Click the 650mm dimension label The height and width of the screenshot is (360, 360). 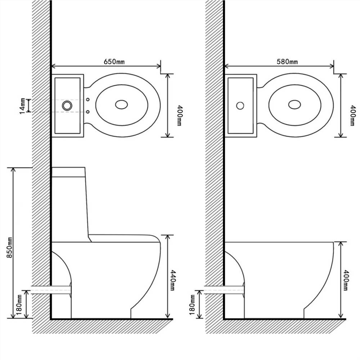pyautogui.click(x=114, y=62)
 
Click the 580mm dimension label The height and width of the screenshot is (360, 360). pyautogui.click(x=287, y=62)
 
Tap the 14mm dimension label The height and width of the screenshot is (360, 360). pyautogui.click(x=22, y=106)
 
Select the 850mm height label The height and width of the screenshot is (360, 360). pyautogui.click(x=10, y=247)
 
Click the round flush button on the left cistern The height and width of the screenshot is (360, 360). pyautogui.click(x=67, y=105)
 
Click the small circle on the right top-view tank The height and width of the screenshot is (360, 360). pyautogui.click(x=240, y=105)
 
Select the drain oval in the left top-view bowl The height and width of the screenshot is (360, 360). pyautogui.click(x=121, y=105)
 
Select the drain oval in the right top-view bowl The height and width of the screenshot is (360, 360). pyautogui.click(x=294, y=105)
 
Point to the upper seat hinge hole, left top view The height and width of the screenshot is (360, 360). pyautogui.click(x=88, y=99)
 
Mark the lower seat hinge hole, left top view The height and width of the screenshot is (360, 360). pyautogui.click(x=88, y=112)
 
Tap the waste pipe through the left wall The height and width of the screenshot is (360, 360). pyautogui.click(x=50, y=289)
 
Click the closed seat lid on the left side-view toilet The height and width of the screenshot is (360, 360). pyautogui.click(x=124, y=238)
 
